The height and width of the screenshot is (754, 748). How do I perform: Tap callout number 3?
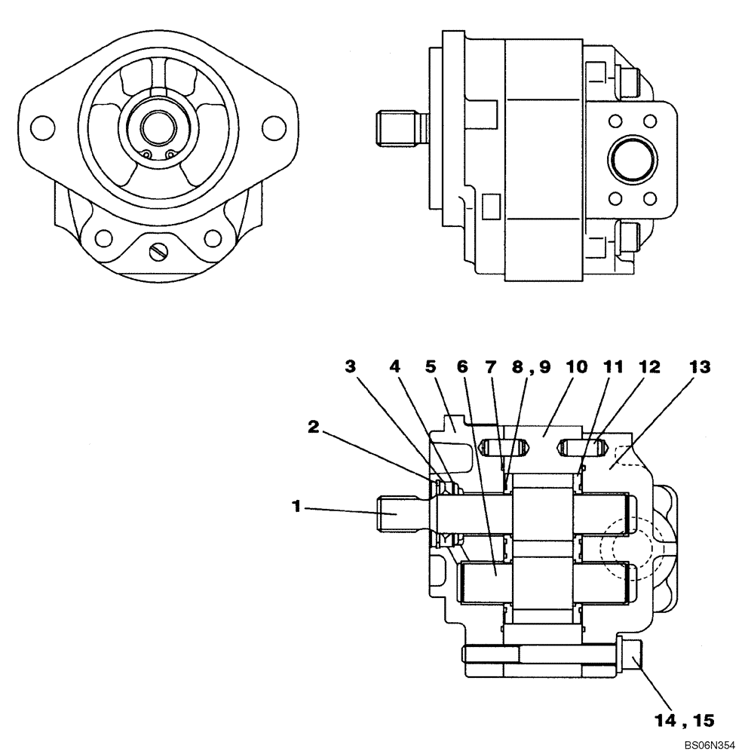tap(350, 366)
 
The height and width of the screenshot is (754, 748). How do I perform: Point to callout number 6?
tap(462, 366)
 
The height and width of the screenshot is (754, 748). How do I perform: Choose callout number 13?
tap(699, 366)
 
